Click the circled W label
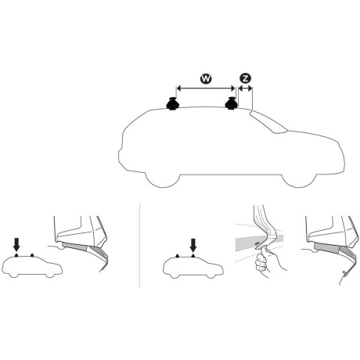[x=205, y=78]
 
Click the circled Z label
[x=245, y=78]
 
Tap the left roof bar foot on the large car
[x=172, y=103]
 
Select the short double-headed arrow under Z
[x=245, y=89]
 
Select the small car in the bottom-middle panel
[x=188, y=268]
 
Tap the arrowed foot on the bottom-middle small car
[x=193, y=257]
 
